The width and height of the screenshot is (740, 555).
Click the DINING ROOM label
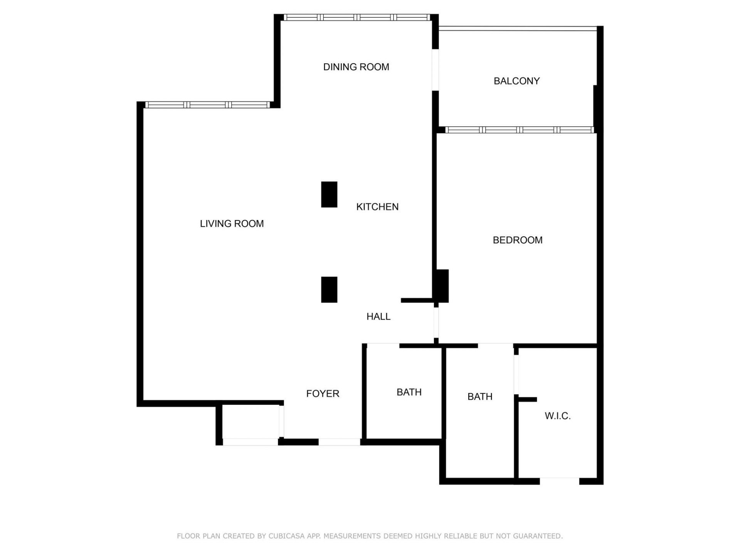[356, 67]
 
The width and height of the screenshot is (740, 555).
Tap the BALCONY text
[516, 81]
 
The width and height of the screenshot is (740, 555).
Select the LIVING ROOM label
[232, 224]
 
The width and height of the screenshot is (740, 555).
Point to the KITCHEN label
[377, 207]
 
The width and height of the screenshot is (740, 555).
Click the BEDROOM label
[518, 240]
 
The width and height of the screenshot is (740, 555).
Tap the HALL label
[378, 316]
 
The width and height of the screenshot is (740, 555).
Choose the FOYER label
[323, 394]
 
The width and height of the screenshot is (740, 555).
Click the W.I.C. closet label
[558, 416]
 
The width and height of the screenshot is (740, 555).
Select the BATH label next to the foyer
[409, 392]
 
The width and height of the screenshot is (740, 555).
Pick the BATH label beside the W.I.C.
[480, 397]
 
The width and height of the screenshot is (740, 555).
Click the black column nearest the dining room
[329, 195]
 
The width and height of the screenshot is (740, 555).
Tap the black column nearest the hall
[329, 289]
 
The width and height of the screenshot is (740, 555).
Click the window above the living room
[208, 105]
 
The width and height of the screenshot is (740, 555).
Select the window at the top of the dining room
[357, 17]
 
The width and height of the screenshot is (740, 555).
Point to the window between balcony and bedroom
[519, 130]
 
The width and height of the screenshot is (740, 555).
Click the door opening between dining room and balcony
[435, 70]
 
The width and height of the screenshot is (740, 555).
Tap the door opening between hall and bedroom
[436, 323]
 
